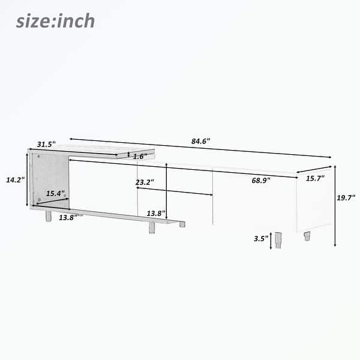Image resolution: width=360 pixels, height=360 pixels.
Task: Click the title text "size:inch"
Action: click(x=55, y=21)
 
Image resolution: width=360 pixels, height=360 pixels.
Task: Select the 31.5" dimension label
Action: click(x=46, y=144)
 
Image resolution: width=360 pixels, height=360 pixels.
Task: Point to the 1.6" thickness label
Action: click(x=140, y=156)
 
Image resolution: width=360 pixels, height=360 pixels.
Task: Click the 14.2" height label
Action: click(x=15, y=179)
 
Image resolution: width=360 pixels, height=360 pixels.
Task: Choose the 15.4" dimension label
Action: click(x=55, y=193)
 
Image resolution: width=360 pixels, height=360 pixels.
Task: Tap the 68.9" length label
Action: click(x=260, y=180)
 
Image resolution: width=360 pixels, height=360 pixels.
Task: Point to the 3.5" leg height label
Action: click(x=260, y=238)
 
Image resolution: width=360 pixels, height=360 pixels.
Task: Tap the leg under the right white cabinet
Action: click(x=307, y=236)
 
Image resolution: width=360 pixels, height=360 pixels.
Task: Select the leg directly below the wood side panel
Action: click(x=47, y=215)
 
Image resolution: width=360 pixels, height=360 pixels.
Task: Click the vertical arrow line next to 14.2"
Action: click(x=27, y=180)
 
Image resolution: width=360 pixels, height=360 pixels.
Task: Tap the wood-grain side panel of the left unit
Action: click(x=51, y=180)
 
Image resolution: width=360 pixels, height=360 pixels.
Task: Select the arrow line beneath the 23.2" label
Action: click(x=175, y=191)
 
